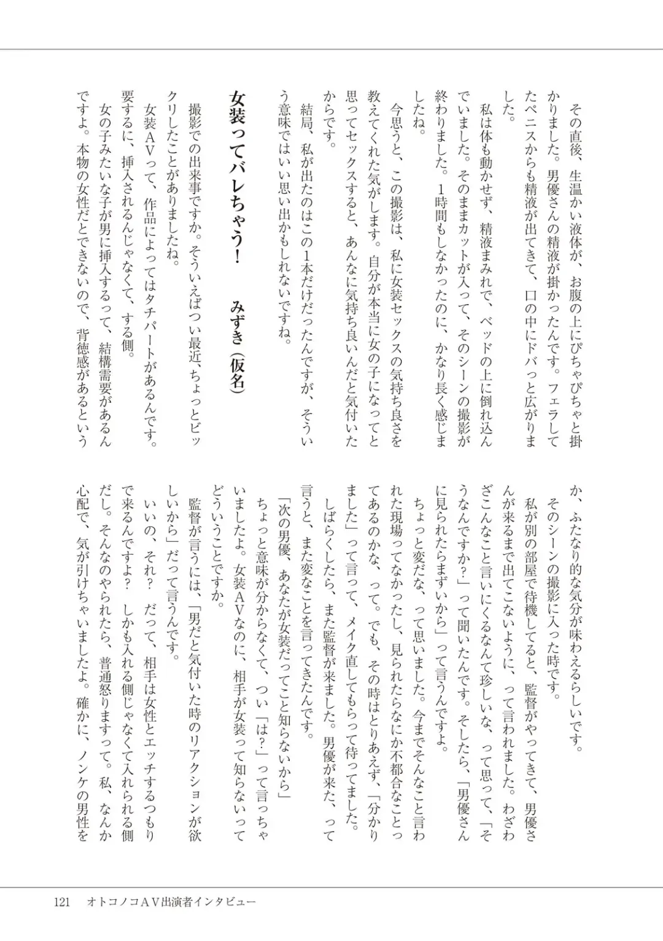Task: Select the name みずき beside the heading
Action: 237,320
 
